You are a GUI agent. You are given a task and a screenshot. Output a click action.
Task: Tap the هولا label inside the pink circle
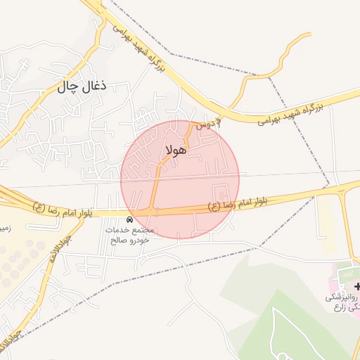pyautogui.click(x=176, y=149)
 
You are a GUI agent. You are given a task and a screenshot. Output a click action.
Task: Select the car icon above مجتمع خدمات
pyautogui.click(x=129, y=220)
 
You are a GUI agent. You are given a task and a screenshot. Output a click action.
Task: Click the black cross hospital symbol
pyautogui.click(x=358, y=286)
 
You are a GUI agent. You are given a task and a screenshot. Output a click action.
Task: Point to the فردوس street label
pyautogui.click(x=208, y=124)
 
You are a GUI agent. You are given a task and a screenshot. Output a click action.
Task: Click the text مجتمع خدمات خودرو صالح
pyautogui.click(x=129, y=235)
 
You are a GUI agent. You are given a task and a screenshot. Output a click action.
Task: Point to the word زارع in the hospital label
pyautogui.click(x=349, y=307)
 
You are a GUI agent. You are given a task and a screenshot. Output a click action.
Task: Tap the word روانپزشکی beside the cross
pyautogui.click(x=341, y=297)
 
